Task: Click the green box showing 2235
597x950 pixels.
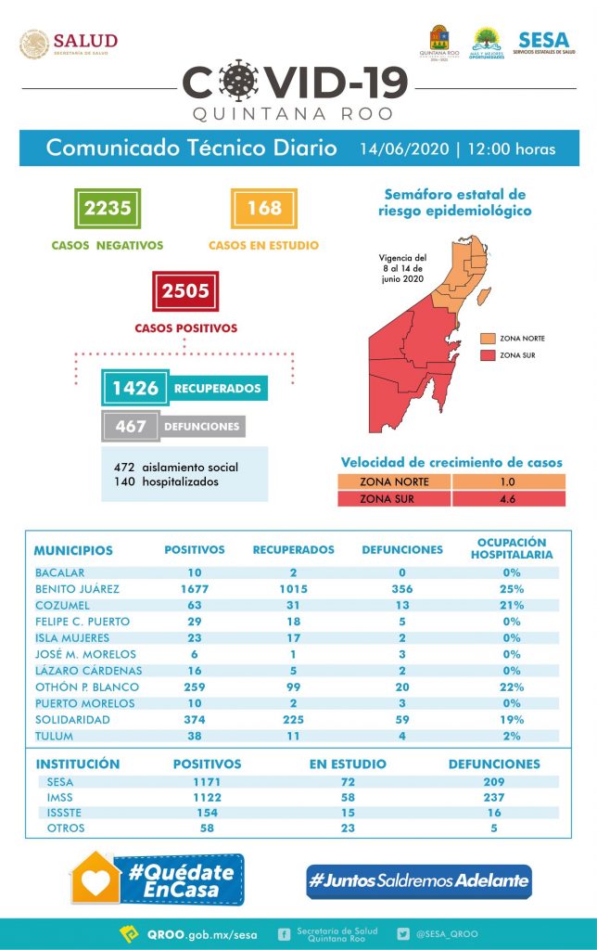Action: coord(108,208)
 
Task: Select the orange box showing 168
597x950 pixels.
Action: coord(264,208)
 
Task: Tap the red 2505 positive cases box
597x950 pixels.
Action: coord(185,291)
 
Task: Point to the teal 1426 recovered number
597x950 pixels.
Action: coord(135,388)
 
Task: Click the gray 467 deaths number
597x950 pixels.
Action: coord(131,427)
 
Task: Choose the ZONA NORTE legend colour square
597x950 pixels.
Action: coord(487,339)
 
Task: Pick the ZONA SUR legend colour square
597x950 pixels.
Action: coord(487,354)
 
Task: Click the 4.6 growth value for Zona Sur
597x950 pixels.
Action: coord(507,498)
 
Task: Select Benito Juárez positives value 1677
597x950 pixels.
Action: coord(194,588)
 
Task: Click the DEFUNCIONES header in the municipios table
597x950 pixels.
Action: coord(401,550)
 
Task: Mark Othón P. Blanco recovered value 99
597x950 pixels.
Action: coord(293,687)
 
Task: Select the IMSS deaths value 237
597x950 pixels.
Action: coord(493,797)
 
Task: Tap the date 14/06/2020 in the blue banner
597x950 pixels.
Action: coord(404,149)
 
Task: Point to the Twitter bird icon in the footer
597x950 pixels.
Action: coord(403,934)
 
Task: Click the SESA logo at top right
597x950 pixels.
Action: coord(544,43)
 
